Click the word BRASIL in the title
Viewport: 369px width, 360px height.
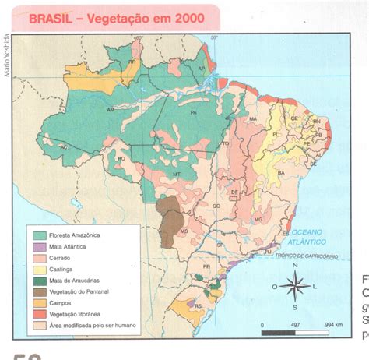(x=52, y=17)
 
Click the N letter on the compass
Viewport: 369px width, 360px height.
(x=296, y=264)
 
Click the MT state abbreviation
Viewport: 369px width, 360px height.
(x=177, y=173)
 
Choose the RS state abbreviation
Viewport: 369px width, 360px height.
(x=197, y=306)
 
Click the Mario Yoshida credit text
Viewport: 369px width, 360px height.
(x=7, y=54)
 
